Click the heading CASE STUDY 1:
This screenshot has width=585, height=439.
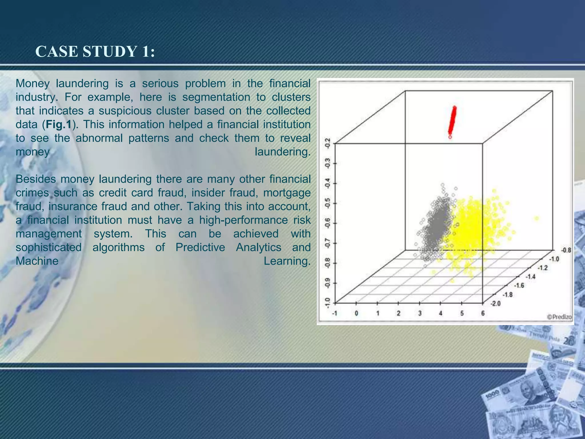(95, 52)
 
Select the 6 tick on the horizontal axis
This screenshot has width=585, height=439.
(483, 313)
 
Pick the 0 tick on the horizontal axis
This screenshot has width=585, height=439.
(356, 313)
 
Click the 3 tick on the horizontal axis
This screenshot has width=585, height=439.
(420, 313)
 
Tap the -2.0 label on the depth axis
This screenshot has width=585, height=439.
(496, 304)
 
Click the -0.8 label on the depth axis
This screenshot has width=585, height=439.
(566, 250)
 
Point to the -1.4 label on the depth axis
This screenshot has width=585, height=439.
(530, 276)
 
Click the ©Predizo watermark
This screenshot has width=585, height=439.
(559, 317)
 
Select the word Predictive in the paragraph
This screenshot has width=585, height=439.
(200, 248)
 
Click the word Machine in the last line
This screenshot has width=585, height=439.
(37, 261)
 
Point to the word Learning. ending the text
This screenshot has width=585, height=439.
(287, 261)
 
